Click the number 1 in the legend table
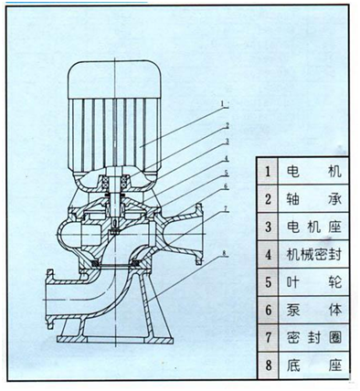pyautogui.click(x=267, y=170)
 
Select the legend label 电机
pyautogui.click(x=312, y=170)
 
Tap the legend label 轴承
pyautogui.click(x=312, y=197)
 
